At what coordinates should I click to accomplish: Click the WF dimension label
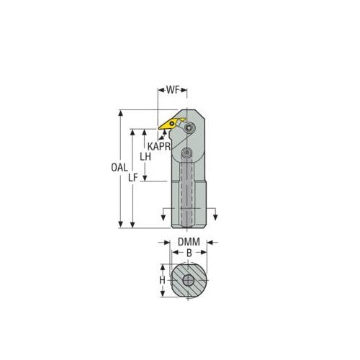pos(173,92)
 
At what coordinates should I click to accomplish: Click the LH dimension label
pos(146,156)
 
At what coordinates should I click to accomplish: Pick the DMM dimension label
pos(188,243)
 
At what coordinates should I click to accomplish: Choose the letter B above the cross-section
pos(188,253)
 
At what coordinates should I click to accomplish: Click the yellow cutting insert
pos(171,123)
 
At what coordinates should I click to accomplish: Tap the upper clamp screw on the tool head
pos(189,127)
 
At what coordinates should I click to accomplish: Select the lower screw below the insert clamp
pos(186,153)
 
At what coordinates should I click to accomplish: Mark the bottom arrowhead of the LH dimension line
pos(146,179)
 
